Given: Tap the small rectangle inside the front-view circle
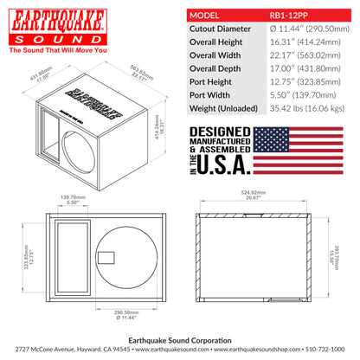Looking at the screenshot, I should pyautogui.click(x=106, y=257).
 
